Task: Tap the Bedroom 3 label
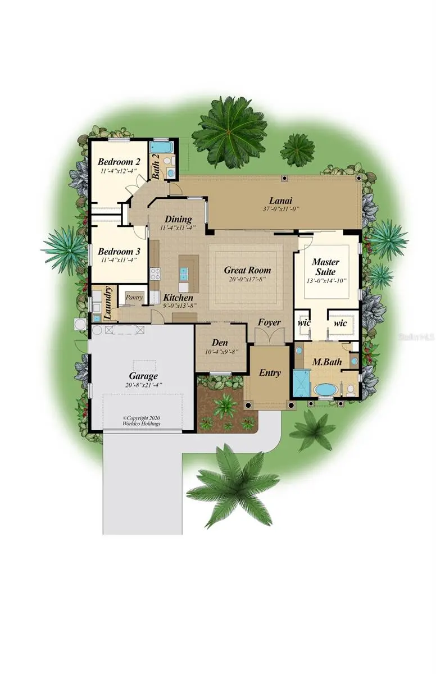(119, 251)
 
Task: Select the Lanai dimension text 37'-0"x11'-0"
(280, 209)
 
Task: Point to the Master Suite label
(325, 266)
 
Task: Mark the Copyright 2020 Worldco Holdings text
(142, 420)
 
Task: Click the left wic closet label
(304, 323)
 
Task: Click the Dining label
(178, 219)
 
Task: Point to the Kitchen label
(178, 297)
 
